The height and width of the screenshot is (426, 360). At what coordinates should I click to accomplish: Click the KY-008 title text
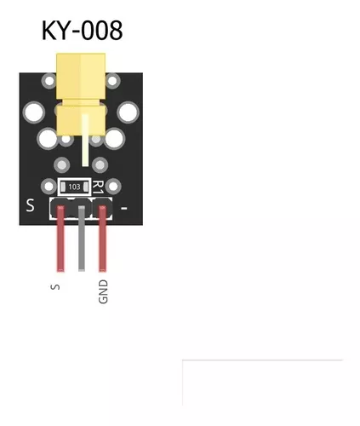pos(82,31)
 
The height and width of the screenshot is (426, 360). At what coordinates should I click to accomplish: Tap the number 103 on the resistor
pos(74,187)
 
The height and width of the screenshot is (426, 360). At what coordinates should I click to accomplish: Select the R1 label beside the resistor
pos(98,187)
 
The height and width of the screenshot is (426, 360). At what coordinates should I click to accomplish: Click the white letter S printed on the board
pos(30,205)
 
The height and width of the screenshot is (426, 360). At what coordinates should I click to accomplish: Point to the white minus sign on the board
pos(124,209)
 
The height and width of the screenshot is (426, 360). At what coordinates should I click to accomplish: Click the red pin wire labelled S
pos(60,239)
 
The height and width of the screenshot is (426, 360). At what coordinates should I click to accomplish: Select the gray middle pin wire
pos(82,239)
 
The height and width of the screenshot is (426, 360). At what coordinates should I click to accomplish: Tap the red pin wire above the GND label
pos(102,239)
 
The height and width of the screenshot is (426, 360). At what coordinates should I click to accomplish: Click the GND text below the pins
pos(103,291)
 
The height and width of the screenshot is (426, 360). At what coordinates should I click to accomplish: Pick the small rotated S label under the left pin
pos(55,287)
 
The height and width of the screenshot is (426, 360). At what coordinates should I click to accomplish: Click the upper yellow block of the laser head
pos(81,76)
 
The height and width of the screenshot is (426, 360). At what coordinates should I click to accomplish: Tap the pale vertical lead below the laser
pos(85,140)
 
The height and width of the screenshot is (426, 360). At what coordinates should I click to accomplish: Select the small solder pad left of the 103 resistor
pos(49,187)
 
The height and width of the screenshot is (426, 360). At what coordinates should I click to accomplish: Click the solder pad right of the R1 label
pos(113,187)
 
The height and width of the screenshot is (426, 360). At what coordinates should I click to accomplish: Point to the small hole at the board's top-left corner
pos(49,81)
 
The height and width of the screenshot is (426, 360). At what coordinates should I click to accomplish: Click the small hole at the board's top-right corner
pos(112,81)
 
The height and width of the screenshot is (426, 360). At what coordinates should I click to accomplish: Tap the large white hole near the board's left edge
pos(34,112)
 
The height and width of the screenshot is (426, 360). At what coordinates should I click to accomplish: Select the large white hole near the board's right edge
pos(128,112)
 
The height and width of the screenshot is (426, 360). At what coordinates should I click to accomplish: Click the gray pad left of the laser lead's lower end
pos(62,164)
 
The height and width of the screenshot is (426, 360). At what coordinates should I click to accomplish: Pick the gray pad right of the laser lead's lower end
pos(100,164)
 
